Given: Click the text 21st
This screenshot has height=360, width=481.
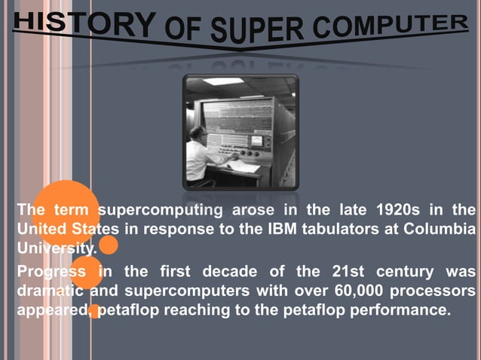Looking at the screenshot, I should [x=350, y=271].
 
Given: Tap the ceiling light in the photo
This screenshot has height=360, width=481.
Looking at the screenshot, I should [x=223, y=81].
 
